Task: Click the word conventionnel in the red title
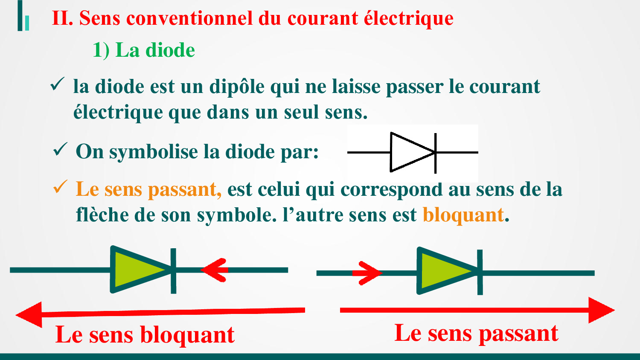pyautogui.click(x=189, y=18)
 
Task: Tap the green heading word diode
pyautogui.click(x=170, y=50)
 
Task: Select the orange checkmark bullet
pyautogui.click(x=60, y=187)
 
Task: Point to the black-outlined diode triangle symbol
pyautogui.click(x=412, y=153)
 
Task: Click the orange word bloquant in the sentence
pyautogui.click(x=463, y=215)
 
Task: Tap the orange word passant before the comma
pyautogui.click(x=185, y=190)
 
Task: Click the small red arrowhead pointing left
pyautogui.click(x=214, y=270)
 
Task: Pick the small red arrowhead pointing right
pyautogui.click(x=368, y=273)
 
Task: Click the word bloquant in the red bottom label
pyautogui.click(x=187, y=335)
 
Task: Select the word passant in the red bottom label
pyautogui.click(x=518, y=334)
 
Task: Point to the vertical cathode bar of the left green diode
pyautogui.click(x=173, y=271)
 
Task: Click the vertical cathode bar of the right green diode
pyautogui.click(x=480, y=272)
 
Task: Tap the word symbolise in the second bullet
pyautogui.click(x=154, y=152)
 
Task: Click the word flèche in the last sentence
pyautogui.click(x=102, y=215)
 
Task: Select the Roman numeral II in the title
pyautogui.click(x=61, y=18)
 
